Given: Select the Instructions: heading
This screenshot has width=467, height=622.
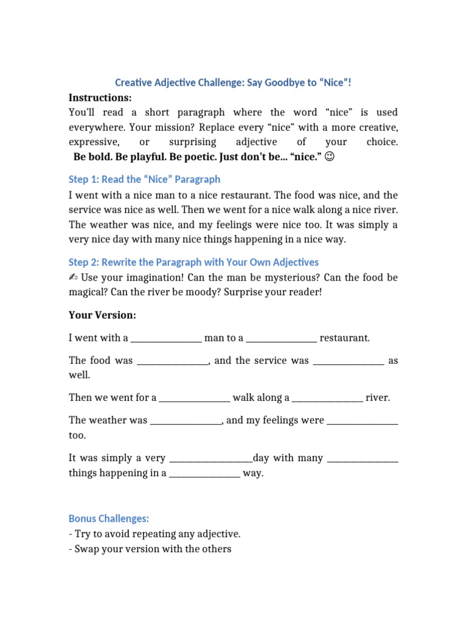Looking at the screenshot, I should [100, 97].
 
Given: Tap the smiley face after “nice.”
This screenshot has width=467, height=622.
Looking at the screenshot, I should [329, 157].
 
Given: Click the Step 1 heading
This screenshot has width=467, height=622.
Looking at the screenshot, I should [144, 179].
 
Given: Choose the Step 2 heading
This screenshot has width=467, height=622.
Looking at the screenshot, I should [193, 262].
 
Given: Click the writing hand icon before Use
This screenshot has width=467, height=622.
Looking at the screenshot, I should [73, 278].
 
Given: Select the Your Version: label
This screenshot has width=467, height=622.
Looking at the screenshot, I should [102, 316].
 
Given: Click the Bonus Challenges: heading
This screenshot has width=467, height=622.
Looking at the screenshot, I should [108, 519].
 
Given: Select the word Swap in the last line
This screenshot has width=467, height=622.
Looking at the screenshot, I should [86, 549].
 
